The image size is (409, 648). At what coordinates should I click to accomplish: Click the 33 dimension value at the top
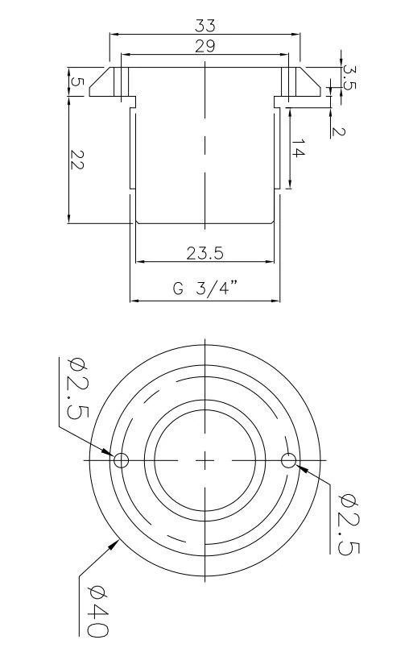tap(204, 26)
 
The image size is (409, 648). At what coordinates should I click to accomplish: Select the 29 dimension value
tap(204, 46)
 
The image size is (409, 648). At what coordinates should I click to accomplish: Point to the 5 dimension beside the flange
tap(76, 83)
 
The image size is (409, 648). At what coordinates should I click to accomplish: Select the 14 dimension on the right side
tap(297, 150)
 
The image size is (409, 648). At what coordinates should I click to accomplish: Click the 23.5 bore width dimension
tap(204, 253)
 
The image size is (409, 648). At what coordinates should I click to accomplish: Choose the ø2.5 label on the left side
tap(77, 387)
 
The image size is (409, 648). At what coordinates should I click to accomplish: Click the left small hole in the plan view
tap(121, 460)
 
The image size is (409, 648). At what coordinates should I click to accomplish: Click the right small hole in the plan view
tap(289, 460)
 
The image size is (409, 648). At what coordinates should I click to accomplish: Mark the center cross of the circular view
tap(205, 460)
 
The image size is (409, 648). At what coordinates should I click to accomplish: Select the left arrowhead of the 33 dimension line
tap(113, 35)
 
